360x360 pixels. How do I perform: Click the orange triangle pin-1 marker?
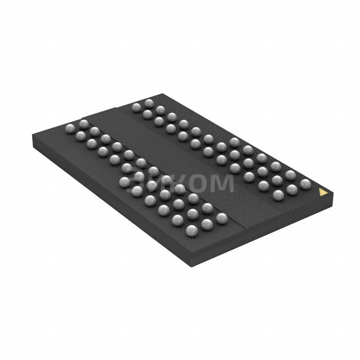pyautogui.click(x=323, y=192)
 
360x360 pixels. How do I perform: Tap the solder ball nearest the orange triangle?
pyautogui.click(x=305, y=184)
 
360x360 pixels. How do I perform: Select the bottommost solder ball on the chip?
pyautogui.click(x=191, y=229)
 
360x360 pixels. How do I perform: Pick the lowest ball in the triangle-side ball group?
pyautogui.click(x=278, y=195)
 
